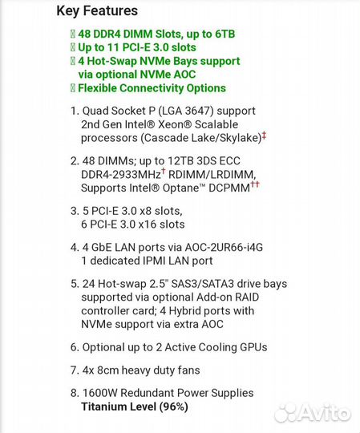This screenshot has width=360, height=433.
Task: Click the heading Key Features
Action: pyautogui.click(x=97, y=11)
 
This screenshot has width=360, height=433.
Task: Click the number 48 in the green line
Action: pyautogui.click(x=86, y=34)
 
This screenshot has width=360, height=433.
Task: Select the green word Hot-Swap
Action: pyautogui.click(x=113, y=61)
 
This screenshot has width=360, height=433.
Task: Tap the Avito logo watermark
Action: pyautogui.click(x=312, y=413)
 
